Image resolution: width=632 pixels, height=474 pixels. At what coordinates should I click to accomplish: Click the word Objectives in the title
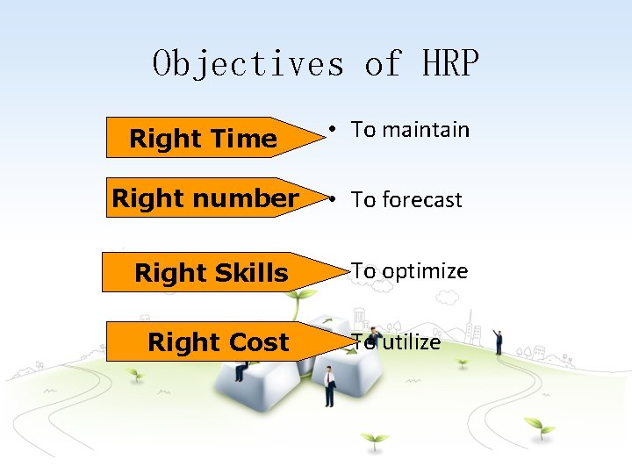point(248,63)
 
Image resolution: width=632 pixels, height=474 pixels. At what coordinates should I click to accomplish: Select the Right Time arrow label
point(203,138)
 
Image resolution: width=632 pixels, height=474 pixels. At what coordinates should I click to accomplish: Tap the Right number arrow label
point(205,198)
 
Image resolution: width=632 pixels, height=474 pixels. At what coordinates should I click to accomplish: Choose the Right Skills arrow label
point(211,273)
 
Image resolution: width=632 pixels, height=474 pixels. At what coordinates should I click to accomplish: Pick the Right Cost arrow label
point(218,341)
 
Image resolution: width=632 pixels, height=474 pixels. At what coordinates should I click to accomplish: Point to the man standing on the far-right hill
point(498,341)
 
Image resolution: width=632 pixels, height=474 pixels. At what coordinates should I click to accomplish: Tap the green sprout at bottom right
point(538,428)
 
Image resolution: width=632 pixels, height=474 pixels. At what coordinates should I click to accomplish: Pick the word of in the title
point(383,63)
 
